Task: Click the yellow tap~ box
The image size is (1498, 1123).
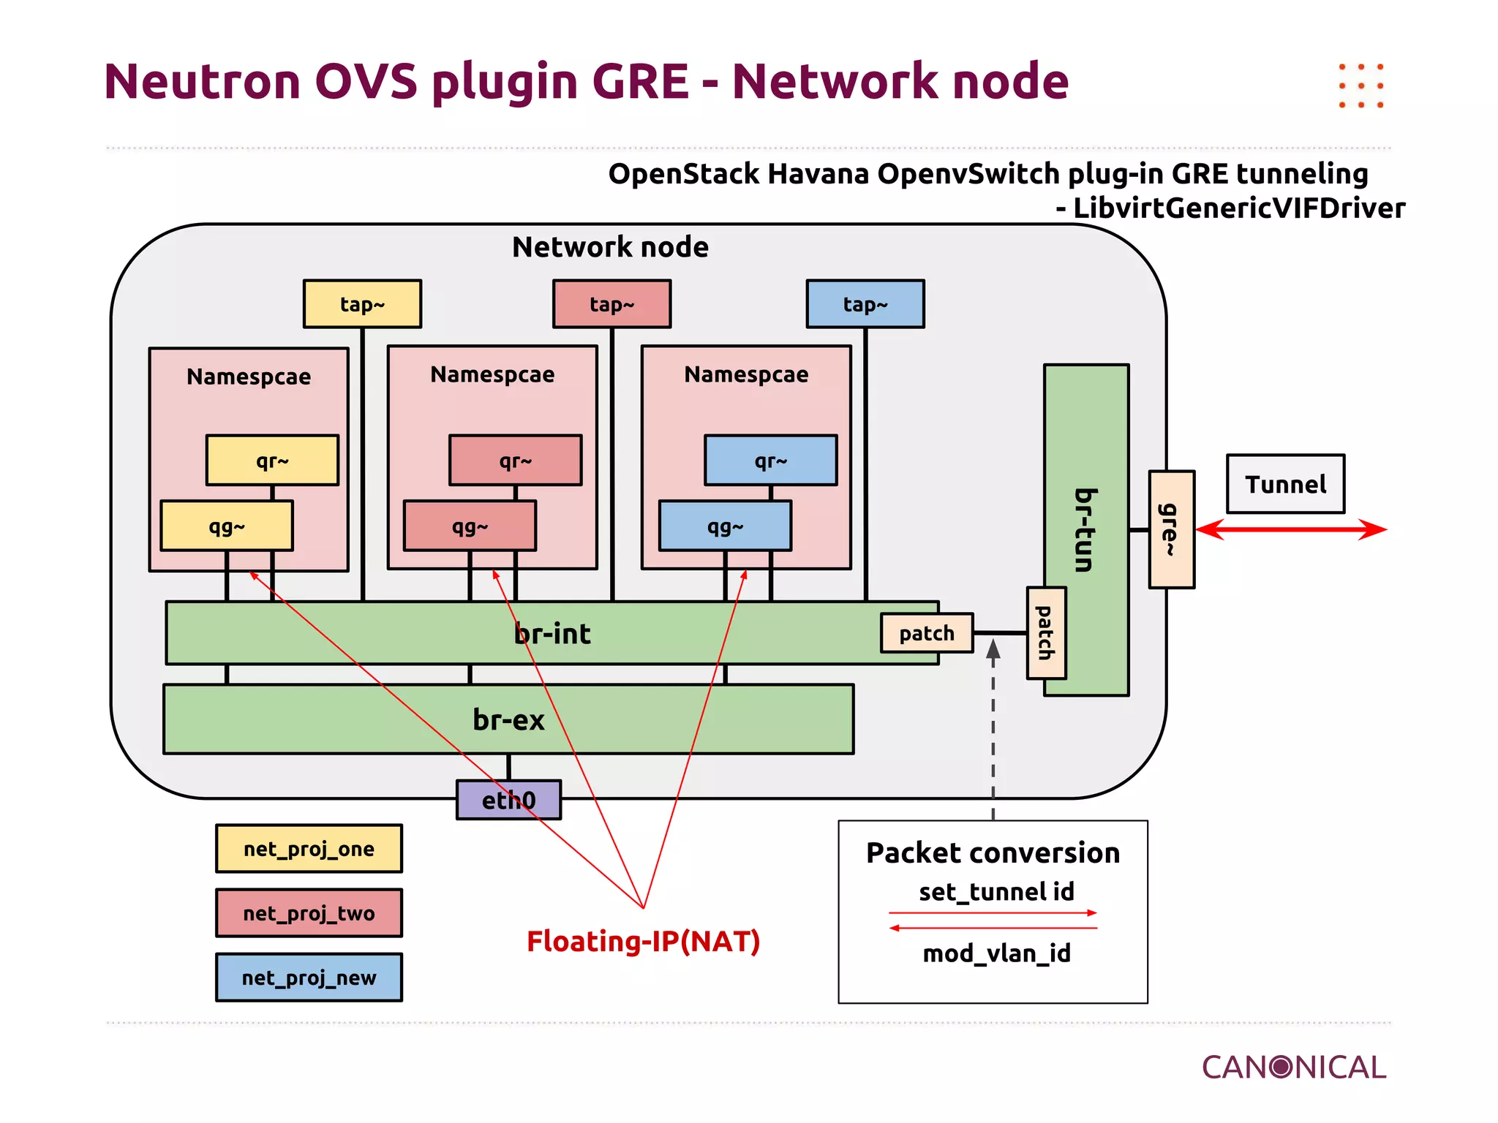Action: point(362,304)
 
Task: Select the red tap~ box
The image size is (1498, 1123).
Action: point(611,304)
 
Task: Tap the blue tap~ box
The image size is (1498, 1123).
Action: point(865,304)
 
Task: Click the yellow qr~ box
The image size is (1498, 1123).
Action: point(272,461)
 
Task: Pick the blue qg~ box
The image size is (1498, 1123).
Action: point(724,526)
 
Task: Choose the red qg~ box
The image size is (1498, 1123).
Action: point(470,526)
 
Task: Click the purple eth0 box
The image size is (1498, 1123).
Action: point(508,800)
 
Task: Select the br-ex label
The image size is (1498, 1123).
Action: point(508,719)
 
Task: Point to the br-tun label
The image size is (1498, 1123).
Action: point(1085,530)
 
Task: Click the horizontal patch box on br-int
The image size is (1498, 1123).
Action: point(926,633)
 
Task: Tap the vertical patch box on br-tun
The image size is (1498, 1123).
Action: point(1045,633)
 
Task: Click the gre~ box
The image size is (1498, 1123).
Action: point(1171,529)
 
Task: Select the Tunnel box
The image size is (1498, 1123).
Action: point(1285,484)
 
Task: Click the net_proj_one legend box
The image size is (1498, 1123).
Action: point(309,849)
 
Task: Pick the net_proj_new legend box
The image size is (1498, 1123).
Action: point(309,978)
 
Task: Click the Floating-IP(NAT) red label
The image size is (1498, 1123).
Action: point(643,941)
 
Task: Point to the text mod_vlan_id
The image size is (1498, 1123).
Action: point(996,953)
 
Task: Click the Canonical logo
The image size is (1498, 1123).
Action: point(1293,1067)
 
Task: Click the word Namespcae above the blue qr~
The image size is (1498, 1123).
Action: point(746,374)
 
